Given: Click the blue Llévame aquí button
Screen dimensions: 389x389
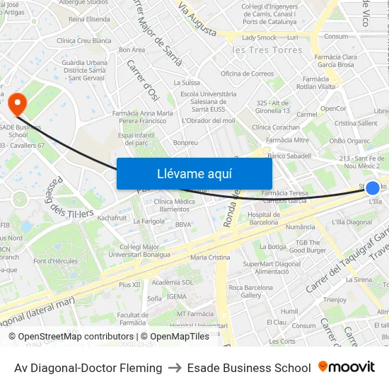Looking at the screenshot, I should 194,173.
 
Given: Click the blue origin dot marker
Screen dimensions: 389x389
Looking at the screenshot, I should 373,188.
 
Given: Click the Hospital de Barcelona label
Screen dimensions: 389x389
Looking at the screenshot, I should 263,218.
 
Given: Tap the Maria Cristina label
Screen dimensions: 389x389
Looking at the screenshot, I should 210,257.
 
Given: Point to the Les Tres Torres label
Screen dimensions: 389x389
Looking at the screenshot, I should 267,50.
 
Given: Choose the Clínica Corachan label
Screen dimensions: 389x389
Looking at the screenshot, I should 275,127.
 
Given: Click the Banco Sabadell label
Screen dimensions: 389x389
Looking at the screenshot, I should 289,156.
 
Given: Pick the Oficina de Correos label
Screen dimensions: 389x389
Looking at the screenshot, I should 247,74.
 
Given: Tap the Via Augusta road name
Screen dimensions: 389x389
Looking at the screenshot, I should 197,19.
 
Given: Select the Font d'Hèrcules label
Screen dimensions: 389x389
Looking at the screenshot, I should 55,262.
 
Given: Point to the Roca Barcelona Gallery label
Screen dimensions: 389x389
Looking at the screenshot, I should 250,291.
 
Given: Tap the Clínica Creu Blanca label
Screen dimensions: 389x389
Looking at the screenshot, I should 84,41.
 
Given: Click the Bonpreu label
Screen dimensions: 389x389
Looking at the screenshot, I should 185,143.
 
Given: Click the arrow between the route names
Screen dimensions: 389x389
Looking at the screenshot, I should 174,368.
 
